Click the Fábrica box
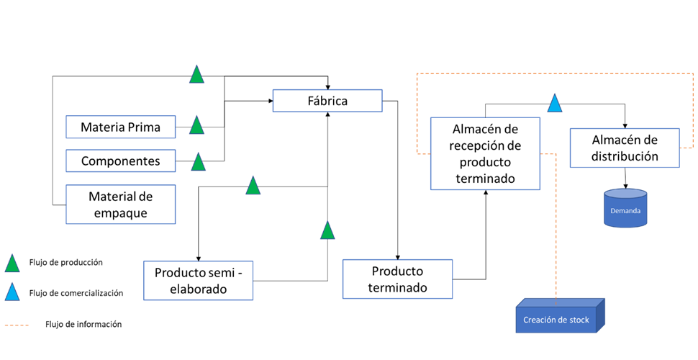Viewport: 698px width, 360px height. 327,101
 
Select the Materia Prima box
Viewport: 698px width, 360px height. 120,127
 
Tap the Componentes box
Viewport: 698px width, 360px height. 120,161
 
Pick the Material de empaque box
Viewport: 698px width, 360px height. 120,204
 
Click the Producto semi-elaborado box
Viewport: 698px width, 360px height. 198,281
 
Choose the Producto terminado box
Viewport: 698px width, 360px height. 397,279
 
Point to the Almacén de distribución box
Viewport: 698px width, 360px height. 624,148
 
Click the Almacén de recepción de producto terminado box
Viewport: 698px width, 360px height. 485,153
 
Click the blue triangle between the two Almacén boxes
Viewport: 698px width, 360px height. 554,103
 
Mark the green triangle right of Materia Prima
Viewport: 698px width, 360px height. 196,125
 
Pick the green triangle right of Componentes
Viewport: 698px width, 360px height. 198,161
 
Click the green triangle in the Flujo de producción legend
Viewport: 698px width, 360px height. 12,263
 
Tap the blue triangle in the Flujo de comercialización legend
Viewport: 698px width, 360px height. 12,292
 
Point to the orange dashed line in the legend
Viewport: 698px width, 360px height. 17,325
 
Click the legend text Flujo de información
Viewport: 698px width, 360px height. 83,325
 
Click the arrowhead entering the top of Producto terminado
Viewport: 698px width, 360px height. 397,257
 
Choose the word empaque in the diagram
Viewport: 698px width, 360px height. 120,212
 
